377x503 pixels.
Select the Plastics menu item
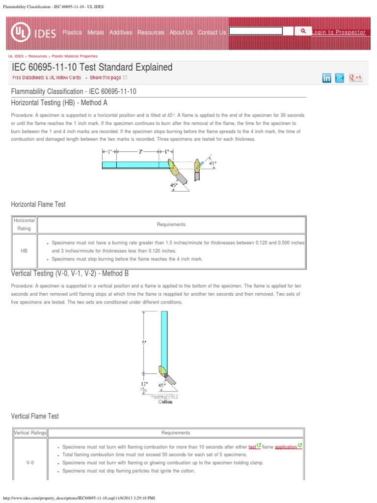pyautogui.click(x=72, y=32)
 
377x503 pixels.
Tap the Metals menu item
pyautogui.click(x=96, y=32)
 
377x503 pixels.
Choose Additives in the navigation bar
pyautogui.click(x=121, y=32)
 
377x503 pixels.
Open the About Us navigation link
pyautogui.click(x=181, y=32)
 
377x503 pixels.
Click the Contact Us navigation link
pyautogui.click(x=212, y=32)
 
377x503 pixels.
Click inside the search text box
pyautogui.click(x=256, y=31)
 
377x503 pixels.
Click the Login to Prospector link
pyautogui.click(x=339, y=32)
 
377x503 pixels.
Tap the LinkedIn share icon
pyautogui.click(x=326, y=78)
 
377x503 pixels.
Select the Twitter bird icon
pyautogui.click(x=340, y=78)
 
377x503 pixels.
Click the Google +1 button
pyautogui.click(x=355, y=78)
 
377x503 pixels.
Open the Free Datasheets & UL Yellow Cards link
pyautogui.click(x=47, y=78)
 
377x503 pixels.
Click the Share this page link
pyautogui.click(x=105, y=78)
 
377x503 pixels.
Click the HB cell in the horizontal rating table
pyautogui.click(x=24, y=251)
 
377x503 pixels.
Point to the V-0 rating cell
pyautogui.click(x=29, y=463)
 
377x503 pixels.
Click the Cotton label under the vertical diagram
pyautogui.click(x=165, y=401)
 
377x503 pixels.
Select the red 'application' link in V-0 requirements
pyautogui.click(x=286, y=447)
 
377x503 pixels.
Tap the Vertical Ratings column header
pyautogui.click(x=29, y=433)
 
